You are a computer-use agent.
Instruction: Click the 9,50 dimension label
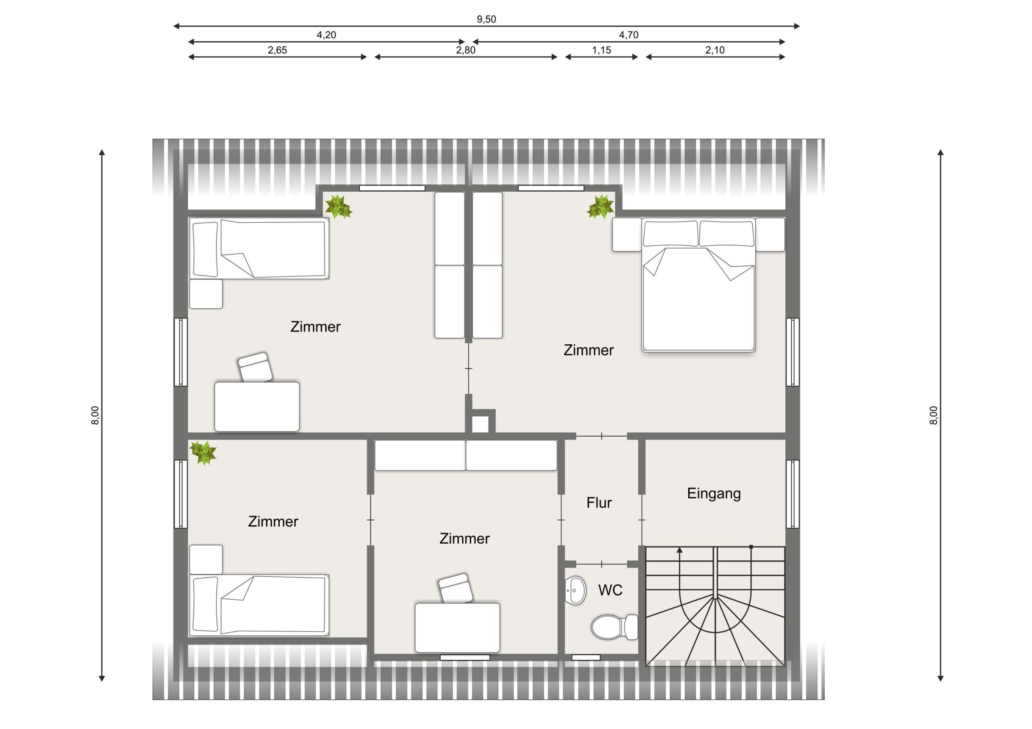(x=486, y=19)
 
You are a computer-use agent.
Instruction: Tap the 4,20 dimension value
(x=326, y=35)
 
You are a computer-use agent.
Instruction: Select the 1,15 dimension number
(x=601, y=50)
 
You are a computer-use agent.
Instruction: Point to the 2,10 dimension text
(x=715, y=50)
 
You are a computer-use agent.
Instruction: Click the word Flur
(x=599, y=503)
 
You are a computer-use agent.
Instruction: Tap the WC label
(x=610, y=590)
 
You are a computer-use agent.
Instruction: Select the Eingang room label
(x=714, y=494)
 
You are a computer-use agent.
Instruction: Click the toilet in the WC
(x=614, y=627)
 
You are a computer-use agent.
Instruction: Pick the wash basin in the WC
(x=575, y=590)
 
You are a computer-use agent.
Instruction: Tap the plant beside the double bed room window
(x=600, y=207)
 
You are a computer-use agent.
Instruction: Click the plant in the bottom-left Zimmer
(x=203, y=452)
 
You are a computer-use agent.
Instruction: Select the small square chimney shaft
(x=480, y=425)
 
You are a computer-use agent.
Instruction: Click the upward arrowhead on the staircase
(x=680, y=550)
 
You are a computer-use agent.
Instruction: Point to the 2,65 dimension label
(x=277, y=50)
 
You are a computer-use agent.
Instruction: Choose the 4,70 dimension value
(x=628, y=35)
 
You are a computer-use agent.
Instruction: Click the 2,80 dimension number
(x=466, y=50)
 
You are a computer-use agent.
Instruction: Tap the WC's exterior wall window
(x=586, y=658)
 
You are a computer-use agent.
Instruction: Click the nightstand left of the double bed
(x=626, y=234)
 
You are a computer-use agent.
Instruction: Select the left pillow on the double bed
(x=671, y=234)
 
